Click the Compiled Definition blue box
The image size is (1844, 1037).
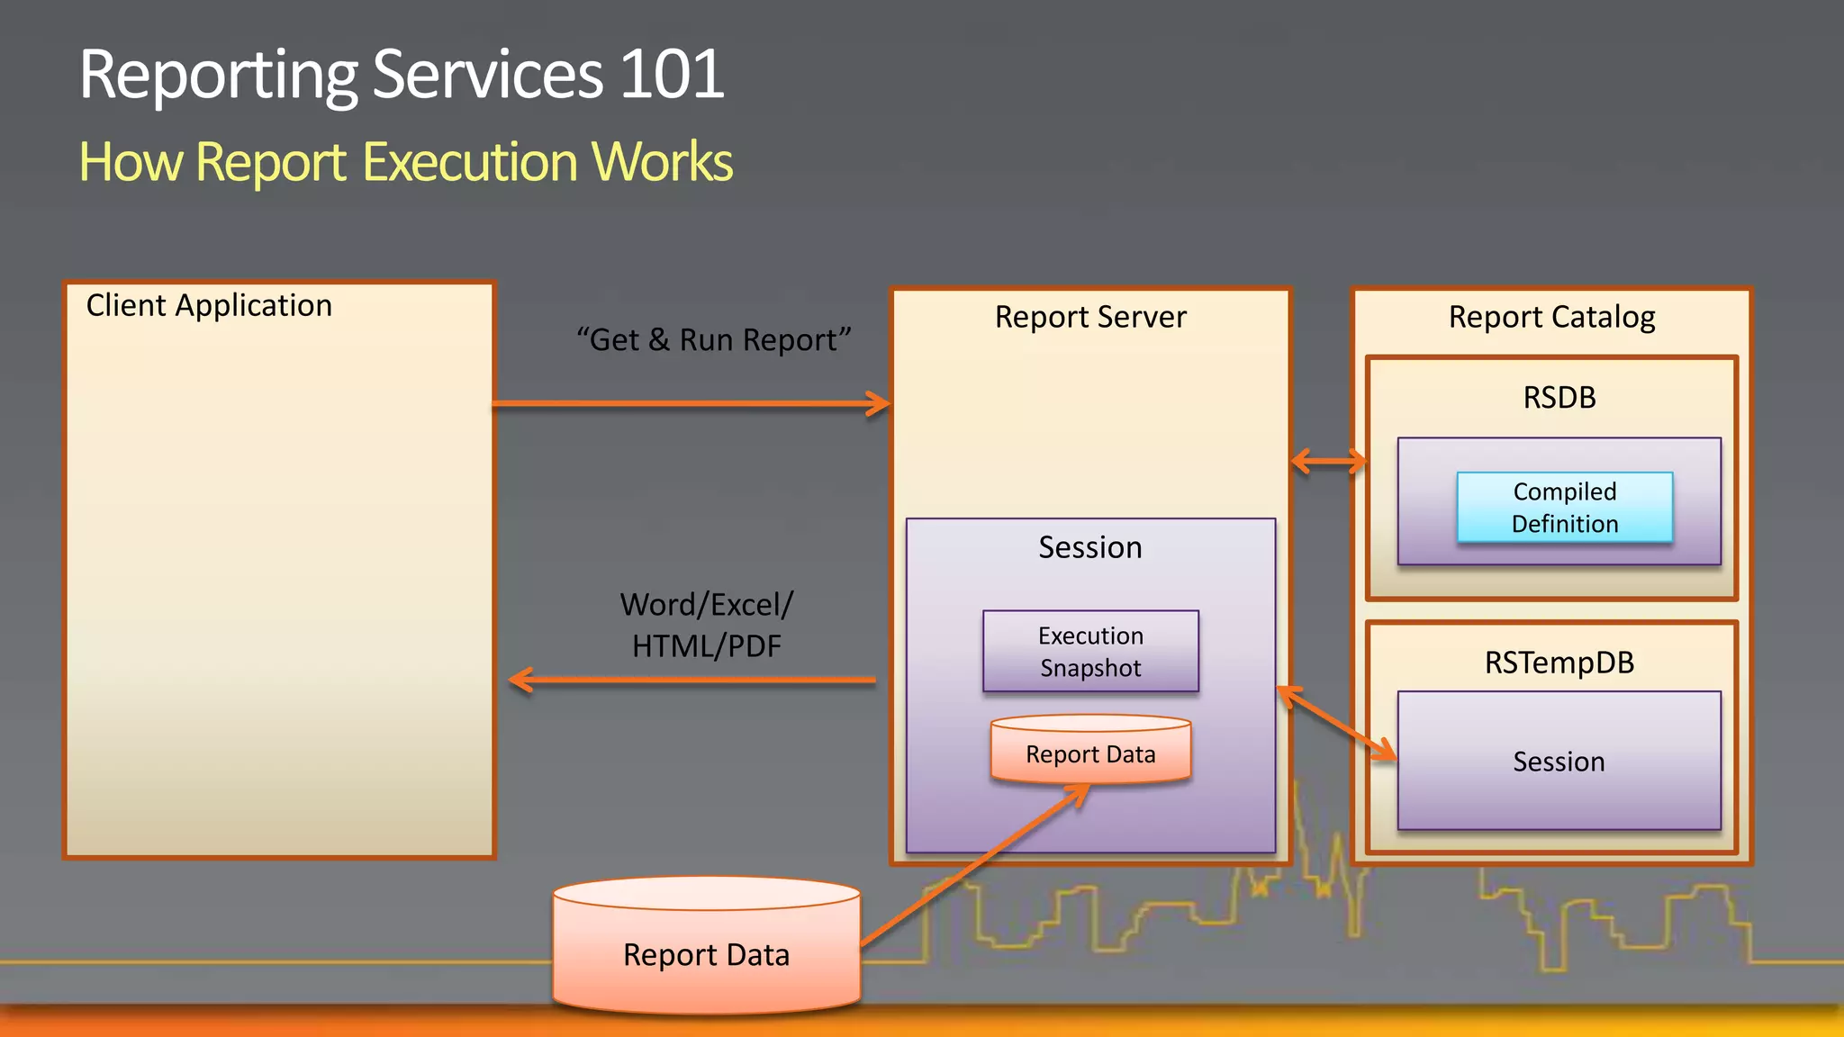(x=1564, y=507)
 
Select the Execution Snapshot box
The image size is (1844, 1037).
(x=1090, y=651)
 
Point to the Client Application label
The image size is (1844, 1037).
(x=209, y=306)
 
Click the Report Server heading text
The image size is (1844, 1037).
(x=1090, y=317)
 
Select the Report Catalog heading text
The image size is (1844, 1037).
(x=1551, y=317)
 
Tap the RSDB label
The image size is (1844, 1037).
(x=1559, y=397)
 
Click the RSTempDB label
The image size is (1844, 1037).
(x=1559, y=663)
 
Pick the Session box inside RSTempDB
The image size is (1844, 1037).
(x=1559, y=761)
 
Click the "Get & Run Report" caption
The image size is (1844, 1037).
(x=713, y=340)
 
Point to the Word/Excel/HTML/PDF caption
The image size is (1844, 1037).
(x=707, y=625)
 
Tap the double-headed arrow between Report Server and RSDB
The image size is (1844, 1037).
(x=1328, y=462)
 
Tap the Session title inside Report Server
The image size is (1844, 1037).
(x=1089, y=547)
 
